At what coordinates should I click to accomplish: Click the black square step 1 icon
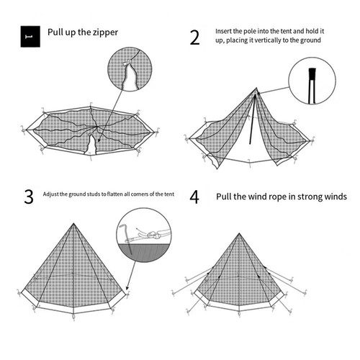pyautogui.click(x=30, y=37)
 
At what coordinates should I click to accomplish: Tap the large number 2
pyautogui.click(x=194, y=37)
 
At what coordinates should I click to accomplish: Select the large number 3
pyautogui.click(x=29, y=197)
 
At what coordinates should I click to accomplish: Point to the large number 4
pyautogui.click(x=194, y=197)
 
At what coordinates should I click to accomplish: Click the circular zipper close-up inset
pyautogui.click(x=130, y=69)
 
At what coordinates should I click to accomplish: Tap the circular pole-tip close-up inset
pyautogui.click(x=312, y=81)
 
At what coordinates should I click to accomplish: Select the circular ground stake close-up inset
pyautogui.click(x=144, y=235)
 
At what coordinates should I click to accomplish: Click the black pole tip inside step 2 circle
pyautogui.click(x=312, y=73)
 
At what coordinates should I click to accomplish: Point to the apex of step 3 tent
pyautogui.click(x=73, y=224)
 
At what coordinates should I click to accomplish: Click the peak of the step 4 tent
pyautogui.click(x=239, y=233)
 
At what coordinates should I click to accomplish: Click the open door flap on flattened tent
pyautogui.click(x=91, y=145)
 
